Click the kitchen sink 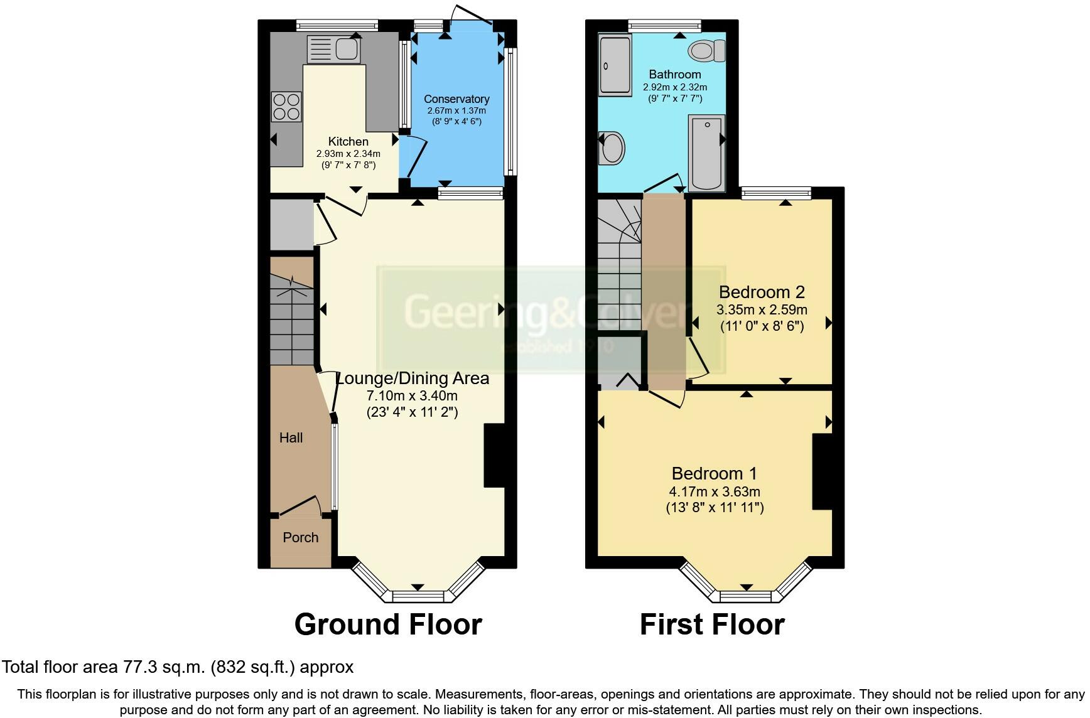pos(333,50)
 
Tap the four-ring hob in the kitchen pos(286,107)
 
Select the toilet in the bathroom pos(707,50)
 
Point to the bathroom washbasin pos(612,148)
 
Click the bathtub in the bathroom pos(706,153)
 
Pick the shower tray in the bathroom pos(615,65)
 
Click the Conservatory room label pos(456,99)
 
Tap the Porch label pos(301,537)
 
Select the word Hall pos(291,437)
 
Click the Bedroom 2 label pos(762,292)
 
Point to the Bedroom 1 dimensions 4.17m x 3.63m pos(715,491)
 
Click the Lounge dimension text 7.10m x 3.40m pos(412,396)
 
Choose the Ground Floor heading pos(388,624)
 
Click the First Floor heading pos(712,624)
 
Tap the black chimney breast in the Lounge pos(494,456)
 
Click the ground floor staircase pos(292,311)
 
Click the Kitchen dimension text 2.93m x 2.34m pos(348,154)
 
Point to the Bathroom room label pos(675,74)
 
